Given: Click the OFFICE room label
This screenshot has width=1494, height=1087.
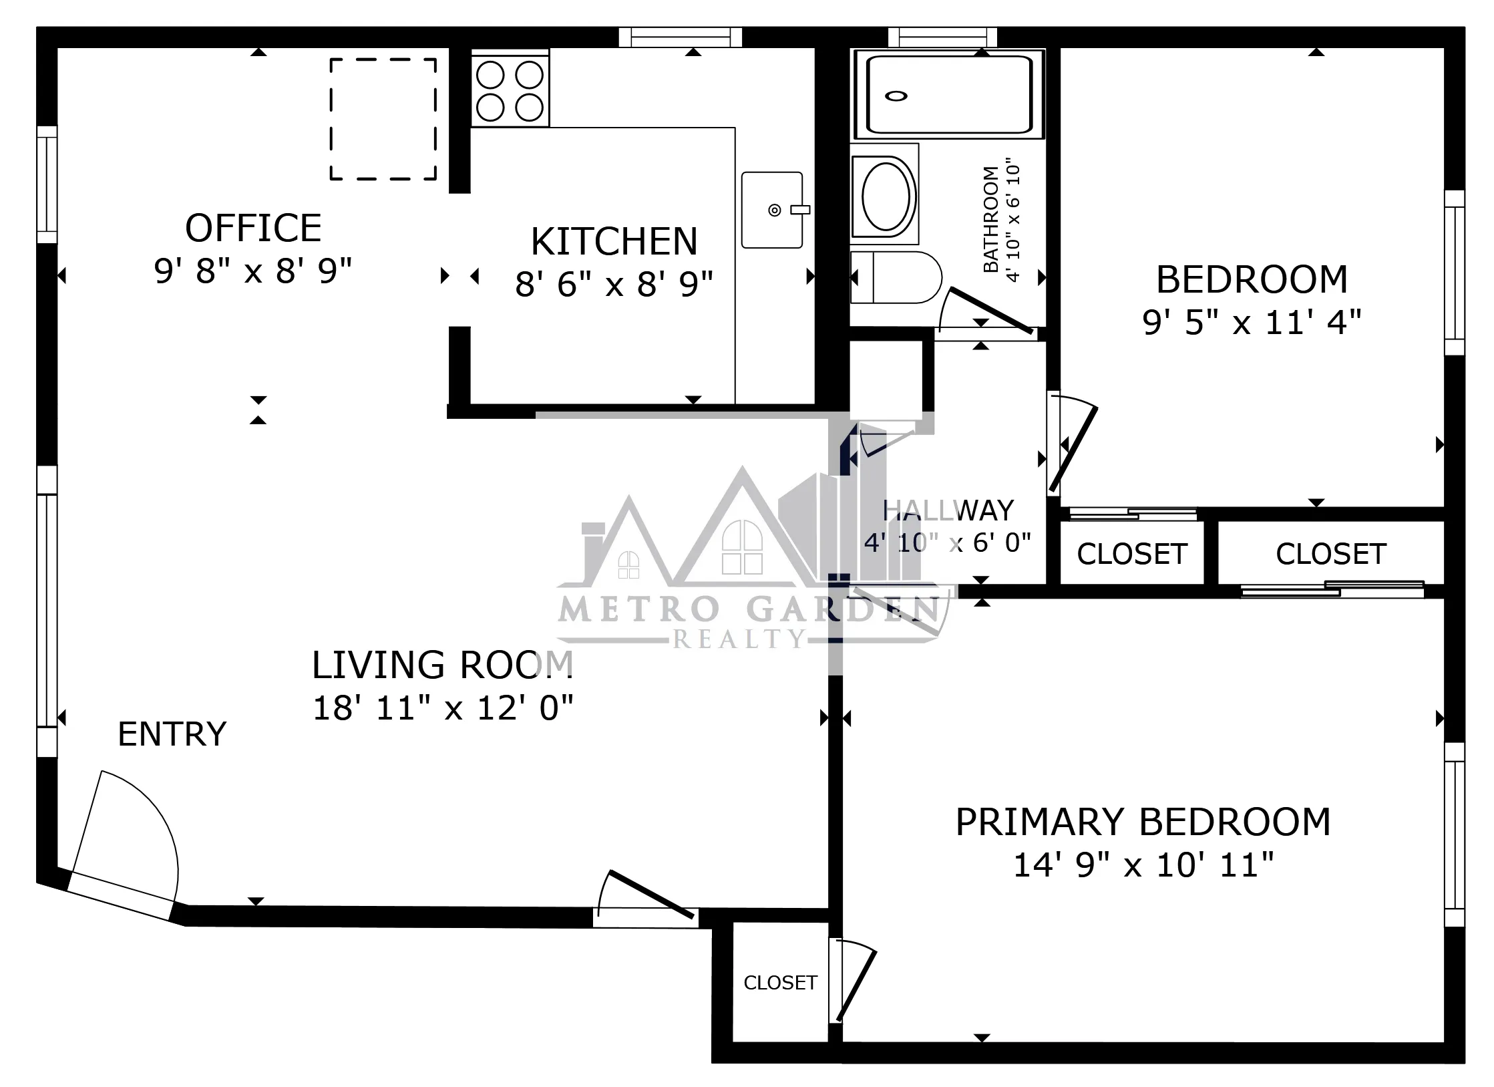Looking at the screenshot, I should [x=253, y=228].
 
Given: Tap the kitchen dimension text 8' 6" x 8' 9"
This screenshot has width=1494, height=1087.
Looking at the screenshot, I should [x=613, y=284].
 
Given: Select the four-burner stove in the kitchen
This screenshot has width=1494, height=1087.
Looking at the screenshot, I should [x=510, y=91].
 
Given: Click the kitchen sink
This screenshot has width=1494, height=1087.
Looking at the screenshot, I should [x=772, y=210].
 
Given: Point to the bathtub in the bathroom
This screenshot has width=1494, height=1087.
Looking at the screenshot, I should [x=949, y=95].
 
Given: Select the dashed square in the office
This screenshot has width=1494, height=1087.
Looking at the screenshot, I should [x=383, y=119].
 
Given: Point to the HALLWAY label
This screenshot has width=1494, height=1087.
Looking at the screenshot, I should [x=948, y=511].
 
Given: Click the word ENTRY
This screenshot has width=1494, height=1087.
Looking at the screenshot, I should [x=172, y=734].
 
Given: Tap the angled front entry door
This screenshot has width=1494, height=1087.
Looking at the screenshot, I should [x=120, y=895].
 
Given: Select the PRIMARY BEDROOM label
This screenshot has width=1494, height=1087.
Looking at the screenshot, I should [x=1143, y=822].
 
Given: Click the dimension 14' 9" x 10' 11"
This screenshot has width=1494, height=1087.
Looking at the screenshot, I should [x=1143, y=865].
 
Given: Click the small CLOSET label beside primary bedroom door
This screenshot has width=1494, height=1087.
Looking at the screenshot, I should [x=780, y=983].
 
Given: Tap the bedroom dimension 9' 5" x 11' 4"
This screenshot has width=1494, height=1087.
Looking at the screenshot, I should [x=1251, y=323].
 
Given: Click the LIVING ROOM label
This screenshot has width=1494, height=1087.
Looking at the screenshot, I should [x=442, y=665].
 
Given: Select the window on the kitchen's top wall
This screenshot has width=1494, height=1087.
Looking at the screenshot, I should [x=680, y=37].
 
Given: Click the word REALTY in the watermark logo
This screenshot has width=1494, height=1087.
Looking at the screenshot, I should [x=739, y=639].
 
